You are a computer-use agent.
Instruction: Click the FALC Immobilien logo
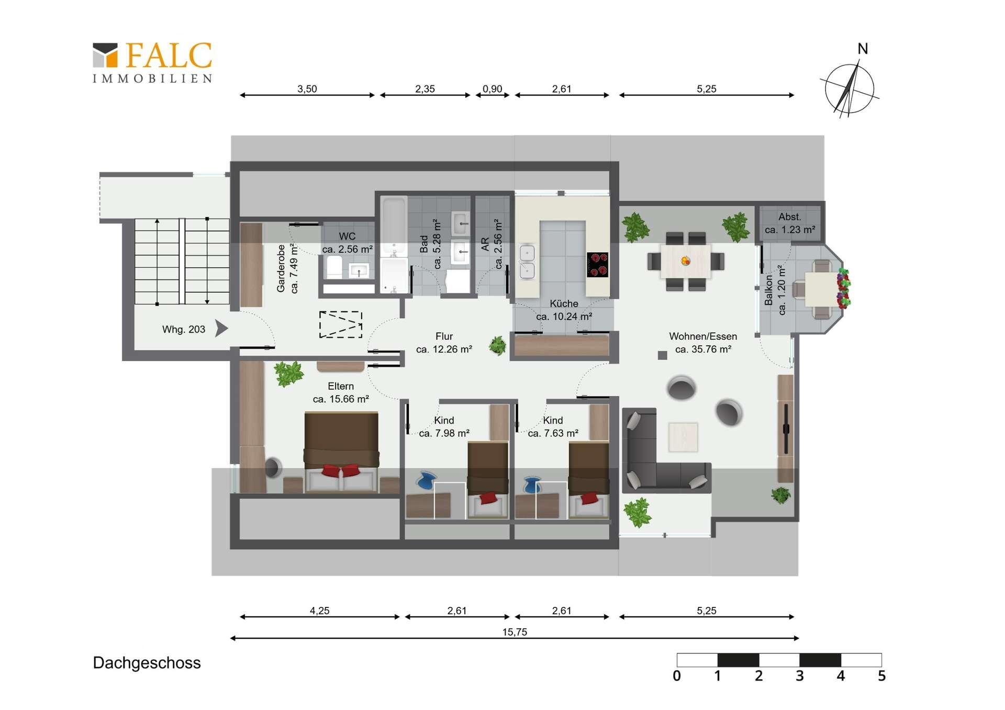click(x=152, y=62)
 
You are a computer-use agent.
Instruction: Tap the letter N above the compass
click(x=863, y=49)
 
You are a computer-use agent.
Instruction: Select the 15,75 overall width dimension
click(x=515, y=632)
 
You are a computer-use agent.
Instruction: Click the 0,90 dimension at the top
click(x=492, y=89)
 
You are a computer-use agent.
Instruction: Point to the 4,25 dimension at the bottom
click(x=319, y=611)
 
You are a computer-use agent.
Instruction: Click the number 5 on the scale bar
click(x=881, y=676)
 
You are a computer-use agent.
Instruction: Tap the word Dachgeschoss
click(x=147, y=663)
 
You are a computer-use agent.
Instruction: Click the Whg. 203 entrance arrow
click(x=222, y=329)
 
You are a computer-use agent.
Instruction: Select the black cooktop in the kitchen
click(x=597, y=264)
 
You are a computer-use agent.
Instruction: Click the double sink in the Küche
click(x=527, y=262)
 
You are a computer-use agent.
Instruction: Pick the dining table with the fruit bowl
click(x=686, y=261)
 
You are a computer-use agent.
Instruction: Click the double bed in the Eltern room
click(x=341, y=452)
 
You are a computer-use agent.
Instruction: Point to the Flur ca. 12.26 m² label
click(x=444, y=343)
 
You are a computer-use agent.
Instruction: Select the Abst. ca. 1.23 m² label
click(x=790, y=223)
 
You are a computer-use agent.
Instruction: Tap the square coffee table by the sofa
click(x=683, y=437)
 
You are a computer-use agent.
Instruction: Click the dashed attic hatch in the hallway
click(x=341, y=324)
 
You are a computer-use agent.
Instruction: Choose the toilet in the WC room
click(x=334, y=267)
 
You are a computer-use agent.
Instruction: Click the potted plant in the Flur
click(x=498, y=345)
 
